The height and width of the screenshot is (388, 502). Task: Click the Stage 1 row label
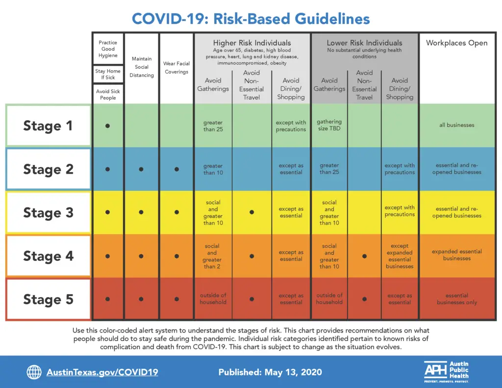48,126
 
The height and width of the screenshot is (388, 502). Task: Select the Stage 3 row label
48,213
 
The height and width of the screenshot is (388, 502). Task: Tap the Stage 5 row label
48,300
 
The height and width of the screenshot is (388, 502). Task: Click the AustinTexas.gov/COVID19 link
102,372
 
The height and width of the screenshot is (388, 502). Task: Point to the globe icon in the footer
34,372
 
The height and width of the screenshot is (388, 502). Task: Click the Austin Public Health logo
447,372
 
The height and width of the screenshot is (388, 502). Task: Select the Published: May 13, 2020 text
270,372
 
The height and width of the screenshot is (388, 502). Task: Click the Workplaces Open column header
456,43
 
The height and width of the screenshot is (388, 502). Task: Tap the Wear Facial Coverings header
176,68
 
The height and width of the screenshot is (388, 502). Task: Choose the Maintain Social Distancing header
142,67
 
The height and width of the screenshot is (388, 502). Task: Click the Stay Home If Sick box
108,74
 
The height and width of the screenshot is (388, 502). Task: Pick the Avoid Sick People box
108,94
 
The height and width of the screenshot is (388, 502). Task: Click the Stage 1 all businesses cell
456,125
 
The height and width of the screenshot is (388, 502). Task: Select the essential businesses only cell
456,299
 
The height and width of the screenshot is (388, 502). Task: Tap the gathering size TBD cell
329,125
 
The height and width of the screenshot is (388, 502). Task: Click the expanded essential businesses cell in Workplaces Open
456,255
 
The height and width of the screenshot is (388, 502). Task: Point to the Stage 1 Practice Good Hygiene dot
107,126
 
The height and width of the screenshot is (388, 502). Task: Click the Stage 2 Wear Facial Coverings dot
176,169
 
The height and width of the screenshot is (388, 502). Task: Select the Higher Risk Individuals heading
252,43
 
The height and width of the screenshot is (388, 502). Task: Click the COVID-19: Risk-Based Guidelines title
251,19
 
